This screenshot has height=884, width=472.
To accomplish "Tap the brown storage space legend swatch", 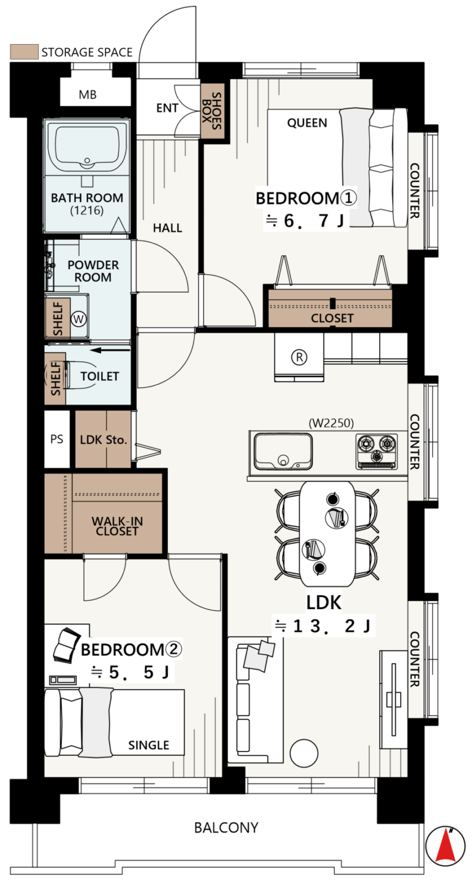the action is click(x=24, y=52).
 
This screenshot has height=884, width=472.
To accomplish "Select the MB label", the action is click(x=88, y=94).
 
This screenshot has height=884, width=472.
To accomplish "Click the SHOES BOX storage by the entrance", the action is click(x=212, y=111).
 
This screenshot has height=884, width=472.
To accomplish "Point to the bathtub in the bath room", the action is click(x=87, y=147).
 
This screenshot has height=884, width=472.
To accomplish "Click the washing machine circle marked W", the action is click(x=78, y=318).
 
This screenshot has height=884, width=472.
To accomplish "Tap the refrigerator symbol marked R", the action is click(x=299, y=357).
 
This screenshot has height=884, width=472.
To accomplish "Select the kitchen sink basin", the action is click(x=282, y=451).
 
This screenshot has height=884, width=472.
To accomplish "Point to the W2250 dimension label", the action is click(x=331, y=423).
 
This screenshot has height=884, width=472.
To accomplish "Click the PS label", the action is click(x=56, y=439).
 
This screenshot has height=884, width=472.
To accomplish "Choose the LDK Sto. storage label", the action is click(x=103, y=440).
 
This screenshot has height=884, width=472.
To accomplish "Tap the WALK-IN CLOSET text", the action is click(x=117, y=526).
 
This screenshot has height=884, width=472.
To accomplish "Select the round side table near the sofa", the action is click(x=304, y=753).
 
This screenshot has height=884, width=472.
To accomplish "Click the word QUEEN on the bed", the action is click(x=307, y=123).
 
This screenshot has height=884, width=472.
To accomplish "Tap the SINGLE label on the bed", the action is click(x=148, y=745).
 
